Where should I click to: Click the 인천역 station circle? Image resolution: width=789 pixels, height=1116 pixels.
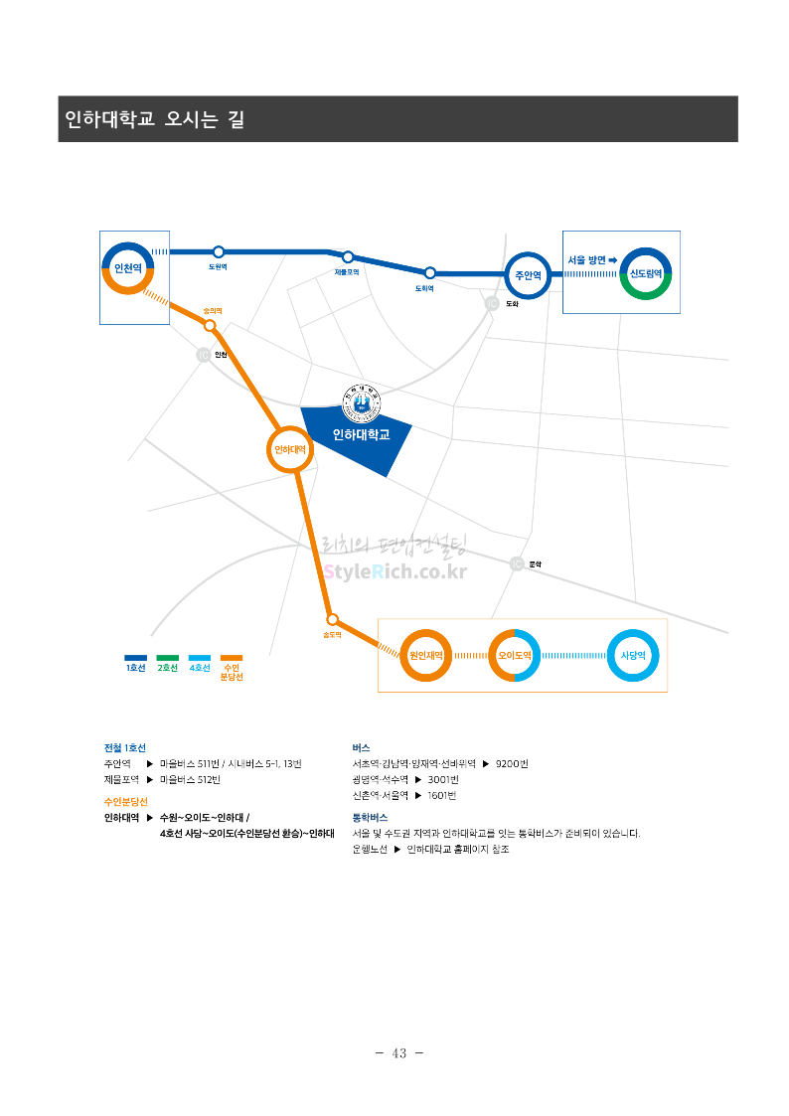(x=128, y=268)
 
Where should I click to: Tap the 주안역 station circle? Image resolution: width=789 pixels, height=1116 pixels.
(x=528, y=274)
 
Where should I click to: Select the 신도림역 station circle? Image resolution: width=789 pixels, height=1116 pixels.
(x=646, y=273)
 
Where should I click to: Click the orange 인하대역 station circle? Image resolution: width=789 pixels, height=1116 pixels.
(x=290, y=450)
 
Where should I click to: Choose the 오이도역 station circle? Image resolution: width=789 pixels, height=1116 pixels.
(x=515, y=655)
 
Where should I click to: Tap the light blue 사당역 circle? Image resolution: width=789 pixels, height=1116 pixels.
(x=633, y=655)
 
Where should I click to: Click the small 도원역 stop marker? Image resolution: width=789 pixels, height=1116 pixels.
(x=219, y=252)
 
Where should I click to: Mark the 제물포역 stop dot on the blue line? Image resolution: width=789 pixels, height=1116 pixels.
(x=348, y=257)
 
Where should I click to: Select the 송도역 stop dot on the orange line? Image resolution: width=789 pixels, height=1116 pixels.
(x=333, y=618)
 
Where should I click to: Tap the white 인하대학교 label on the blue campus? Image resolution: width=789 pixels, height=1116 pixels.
(x=361, y=434)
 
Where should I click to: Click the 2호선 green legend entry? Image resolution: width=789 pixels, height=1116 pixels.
(x=168, y=663)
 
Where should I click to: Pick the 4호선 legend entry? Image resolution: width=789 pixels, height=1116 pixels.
(x=200, y=663)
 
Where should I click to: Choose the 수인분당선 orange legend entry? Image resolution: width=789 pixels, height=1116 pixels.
(x=232, y=667)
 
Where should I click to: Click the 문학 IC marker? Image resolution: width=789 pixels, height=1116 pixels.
(x=517, y=563)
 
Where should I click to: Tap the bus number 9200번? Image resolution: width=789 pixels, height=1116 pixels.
(x=512, y=763)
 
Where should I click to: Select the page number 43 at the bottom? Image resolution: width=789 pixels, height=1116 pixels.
(x=400, y=1053)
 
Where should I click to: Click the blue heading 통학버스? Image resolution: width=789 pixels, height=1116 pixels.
(x=370, y=817)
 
